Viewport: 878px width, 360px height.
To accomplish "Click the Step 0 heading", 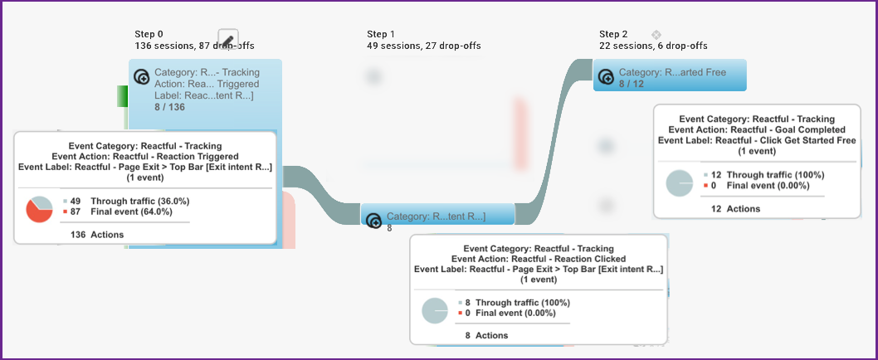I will (149, 34).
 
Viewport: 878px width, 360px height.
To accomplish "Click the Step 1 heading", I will (382, 34).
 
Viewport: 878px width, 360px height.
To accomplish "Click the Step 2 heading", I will (614, 34).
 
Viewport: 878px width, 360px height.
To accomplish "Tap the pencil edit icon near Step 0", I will (228, 39).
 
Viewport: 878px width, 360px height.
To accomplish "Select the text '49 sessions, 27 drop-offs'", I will (423, 46).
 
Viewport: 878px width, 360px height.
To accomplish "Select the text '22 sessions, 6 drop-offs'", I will (653, 46).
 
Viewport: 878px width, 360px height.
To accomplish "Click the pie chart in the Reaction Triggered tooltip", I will (39, 209).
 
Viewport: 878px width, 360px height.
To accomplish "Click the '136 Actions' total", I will (95, 235).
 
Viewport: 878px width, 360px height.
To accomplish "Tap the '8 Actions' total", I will (486, 335).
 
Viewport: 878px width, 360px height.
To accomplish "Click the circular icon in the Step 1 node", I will (373, 221).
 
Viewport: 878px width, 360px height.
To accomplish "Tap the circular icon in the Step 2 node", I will (607, 78).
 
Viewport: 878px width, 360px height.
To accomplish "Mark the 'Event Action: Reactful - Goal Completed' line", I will (756, 129).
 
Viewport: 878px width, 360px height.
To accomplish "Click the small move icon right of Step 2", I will (656, 34).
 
